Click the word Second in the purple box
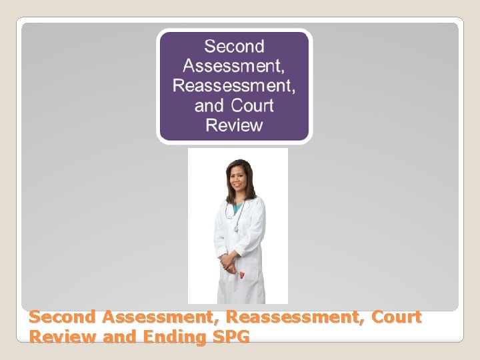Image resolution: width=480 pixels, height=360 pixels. (234, 47)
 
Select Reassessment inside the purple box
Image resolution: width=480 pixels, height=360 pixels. (234, 86)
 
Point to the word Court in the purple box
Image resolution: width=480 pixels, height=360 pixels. (253, 105)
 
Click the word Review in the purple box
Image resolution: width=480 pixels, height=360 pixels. (234, 125)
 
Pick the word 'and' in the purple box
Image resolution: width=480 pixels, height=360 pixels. (209, 105)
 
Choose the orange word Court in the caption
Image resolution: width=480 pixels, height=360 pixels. (397, 317)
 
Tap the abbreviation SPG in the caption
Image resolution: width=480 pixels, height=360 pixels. (229, 337)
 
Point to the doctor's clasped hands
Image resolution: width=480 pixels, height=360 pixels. (230, 262)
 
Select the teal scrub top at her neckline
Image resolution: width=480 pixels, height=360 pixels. (238, 208)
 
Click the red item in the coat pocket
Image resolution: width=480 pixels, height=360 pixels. (243, 274)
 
